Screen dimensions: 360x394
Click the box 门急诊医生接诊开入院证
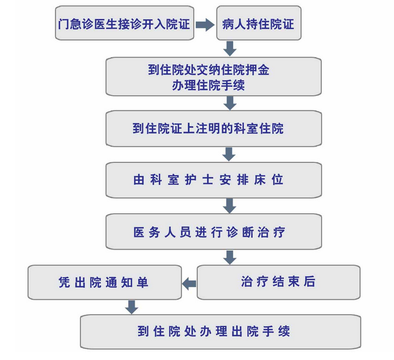(x=123, y=24)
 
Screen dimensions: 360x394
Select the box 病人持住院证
(x=258, y=24)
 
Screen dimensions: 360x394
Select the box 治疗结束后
(x=278, y=282)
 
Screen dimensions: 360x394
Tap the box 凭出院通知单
(x=103, y=282)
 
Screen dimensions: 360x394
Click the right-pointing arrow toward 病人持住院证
(x=204, y=24)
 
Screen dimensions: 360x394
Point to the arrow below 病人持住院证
(x=229, y=48)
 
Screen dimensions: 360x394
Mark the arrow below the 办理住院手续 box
(x=229, y=102)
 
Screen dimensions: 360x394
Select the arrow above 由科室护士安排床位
(x=229, y=154)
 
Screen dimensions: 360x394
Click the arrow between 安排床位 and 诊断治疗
(x=229, y=206)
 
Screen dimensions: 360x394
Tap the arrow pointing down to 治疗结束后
(x=229, y=257)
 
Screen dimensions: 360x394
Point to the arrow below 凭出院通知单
(x=132, y=307)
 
